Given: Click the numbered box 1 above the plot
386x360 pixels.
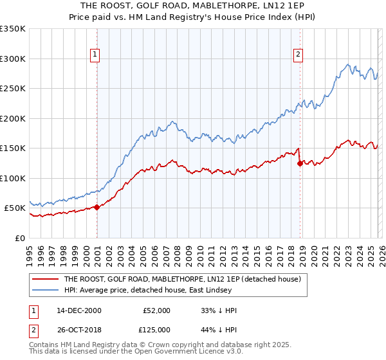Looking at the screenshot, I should click(95, 55).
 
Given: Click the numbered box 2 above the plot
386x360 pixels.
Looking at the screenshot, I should click(299, 55).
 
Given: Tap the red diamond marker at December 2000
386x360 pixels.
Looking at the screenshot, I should click(97, 207).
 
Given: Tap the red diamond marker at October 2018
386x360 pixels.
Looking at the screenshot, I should click(300, 163).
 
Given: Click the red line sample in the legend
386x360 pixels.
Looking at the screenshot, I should click(45, 280).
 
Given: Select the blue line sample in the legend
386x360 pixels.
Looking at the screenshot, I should click(45, 291).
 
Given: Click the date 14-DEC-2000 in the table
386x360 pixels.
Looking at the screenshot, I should click(79, 310).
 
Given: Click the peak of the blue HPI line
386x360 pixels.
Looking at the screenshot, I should click(348, 64).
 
